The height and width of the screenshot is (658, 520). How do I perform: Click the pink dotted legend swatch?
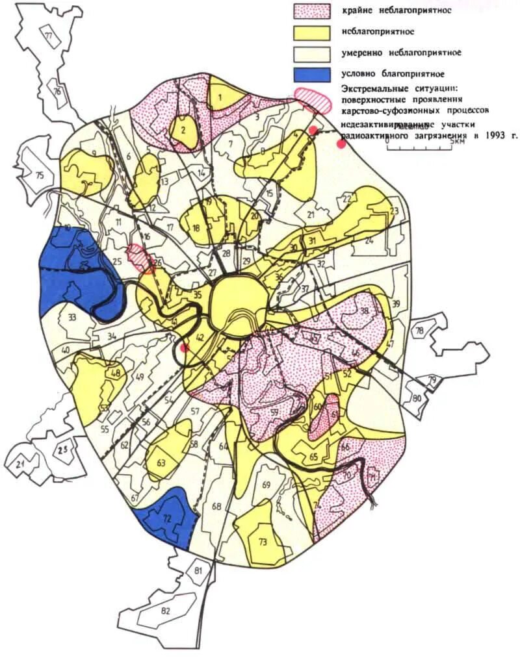(313, 10)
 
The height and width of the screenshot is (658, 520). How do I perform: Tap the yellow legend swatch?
(313, 31)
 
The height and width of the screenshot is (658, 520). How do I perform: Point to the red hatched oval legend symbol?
(314, 94)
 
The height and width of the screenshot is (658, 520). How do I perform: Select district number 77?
(48, 36)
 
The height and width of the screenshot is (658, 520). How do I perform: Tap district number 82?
(165, 611)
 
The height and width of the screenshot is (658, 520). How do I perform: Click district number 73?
(263, 541)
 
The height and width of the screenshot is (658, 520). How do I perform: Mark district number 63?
(161, 464)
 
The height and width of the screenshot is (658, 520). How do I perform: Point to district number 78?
(419, 331)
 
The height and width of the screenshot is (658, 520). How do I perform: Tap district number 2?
(184, 129)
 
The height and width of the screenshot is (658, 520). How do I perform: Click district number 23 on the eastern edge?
(393, 210)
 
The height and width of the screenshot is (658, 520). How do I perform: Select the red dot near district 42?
(185, 348)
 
